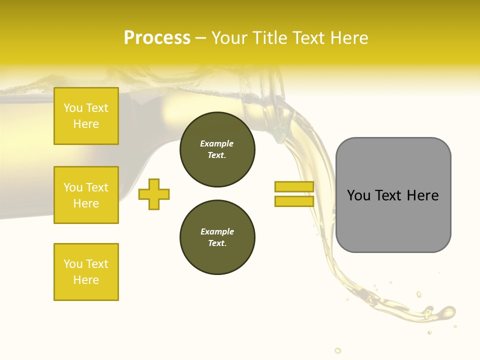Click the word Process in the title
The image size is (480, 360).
157,38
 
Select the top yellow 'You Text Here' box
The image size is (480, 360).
86,116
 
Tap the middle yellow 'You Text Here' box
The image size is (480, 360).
86,195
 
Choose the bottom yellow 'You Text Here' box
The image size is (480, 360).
86,272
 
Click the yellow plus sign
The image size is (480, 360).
154,194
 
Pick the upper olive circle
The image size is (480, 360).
217,149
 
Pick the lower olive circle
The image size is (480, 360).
217,237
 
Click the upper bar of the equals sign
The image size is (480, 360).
294,187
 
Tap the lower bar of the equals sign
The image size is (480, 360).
294,201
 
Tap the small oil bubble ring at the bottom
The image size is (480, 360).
338,350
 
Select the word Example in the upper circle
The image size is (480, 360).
217,143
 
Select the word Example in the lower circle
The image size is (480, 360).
217,231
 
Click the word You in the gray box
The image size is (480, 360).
359,195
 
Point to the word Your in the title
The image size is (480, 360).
230,38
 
